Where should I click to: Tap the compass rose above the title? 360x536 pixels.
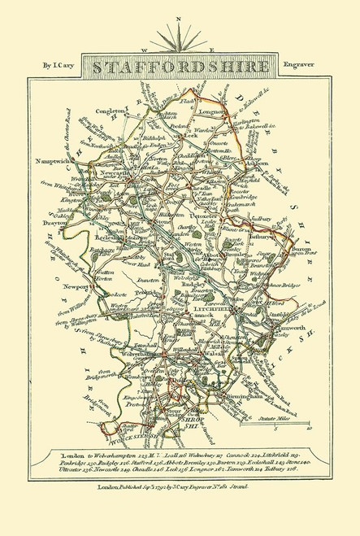click(180, 35)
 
